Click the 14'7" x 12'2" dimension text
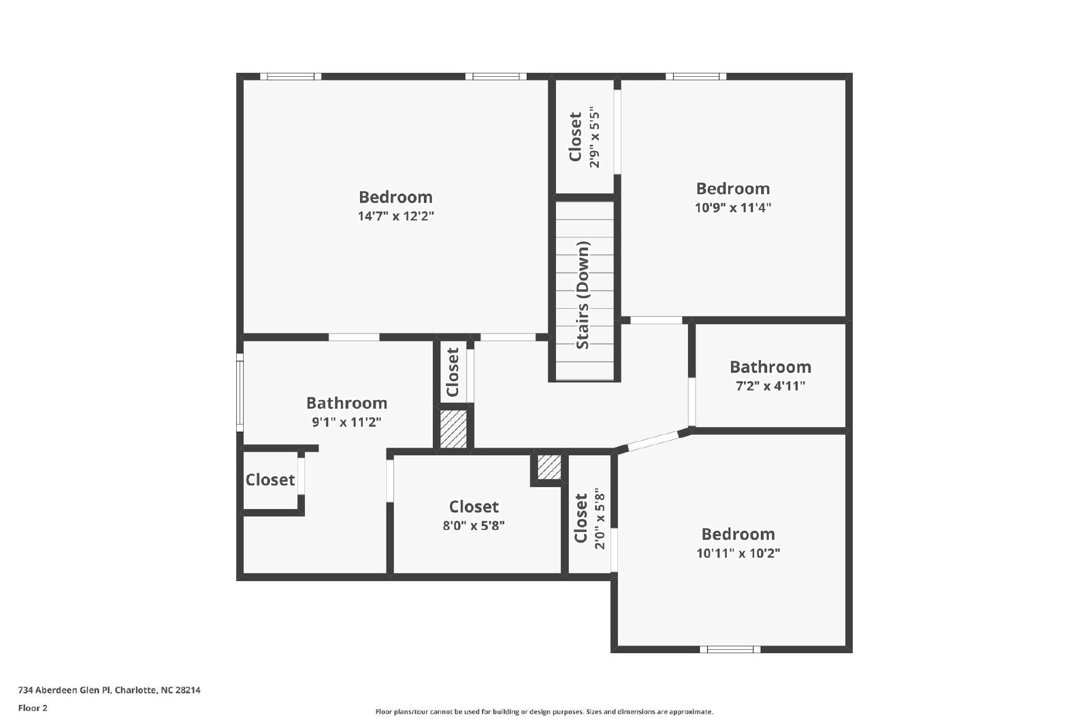[x=395, y=216]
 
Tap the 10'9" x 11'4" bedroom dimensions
[x=732, y=208]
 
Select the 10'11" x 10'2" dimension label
[x=738, y=553]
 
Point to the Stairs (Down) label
[x=583, y=295]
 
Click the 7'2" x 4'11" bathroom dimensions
[x=770, y=386]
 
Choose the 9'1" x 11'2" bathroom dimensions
[x=346, y=422]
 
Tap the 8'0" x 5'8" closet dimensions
[x=474, y=525]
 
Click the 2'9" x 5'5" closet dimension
[x=595, y=140]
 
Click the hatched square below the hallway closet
[x=453, y=429]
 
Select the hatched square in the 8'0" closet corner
[x=549, y=467]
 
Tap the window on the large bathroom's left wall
[x=240, y=392]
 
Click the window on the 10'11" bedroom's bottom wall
[x=730, y=649]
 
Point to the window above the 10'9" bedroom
[x=696, y=76]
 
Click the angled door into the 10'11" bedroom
[x=653, y=441]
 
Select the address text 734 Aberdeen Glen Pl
[x=65, y=690]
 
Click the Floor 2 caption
[x=33, y=708]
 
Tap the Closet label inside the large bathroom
[x=270, y=480]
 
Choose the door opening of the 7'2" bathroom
[x=692, y=402]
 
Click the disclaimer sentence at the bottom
[x=544, y=712]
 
